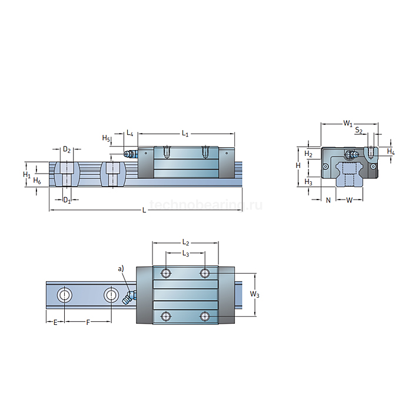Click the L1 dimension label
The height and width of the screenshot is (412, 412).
[x=185, y=134]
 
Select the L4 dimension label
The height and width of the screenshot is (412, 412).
[x=130, y=134]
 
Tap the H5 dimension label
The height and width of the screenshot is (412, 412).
[x=106, y=138]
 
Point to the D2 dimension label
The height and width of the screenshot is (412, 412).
[x=67, y=150]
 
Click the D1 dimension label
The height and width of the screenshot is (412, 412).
[x=67, y=201]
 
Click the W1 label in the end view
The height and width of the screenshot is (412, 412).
[x=348, y=124]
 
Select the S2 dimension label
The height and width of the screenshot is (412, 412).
[x=359, y=131]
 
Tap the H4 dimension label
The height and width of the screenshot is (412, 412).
[x=391, y=152]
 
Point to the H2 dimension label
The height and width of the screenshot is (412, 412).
[x=308, y=154]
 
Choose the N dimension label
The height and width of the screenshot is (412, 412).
[x=328, y=200]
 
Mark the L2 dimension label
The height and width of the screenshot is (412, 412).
[x=185, y=242]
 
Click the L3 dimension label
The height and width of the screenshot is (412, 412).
[x=185, y=254]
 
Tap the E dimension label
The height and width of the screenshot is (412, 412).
[x=55, y=323]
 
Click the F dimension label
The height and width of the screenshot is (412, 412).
[x=88, y=323]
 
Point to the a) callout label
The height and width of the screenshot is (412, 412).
[x=121, y=269]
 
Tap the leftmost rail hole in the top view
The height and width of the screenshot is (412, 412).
[x=64, y=294]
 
